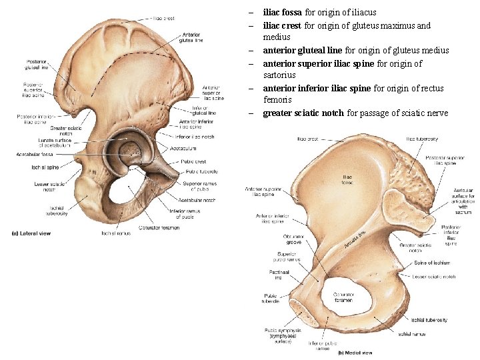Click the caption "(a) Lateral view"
31,233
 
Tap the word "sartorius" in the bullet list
279,75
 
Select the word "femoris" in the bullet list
277,99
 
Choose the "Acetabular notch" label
197,200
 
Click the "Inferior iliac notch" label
194,137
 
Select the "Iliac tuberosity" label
422,139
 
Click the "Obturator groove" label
293,239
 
